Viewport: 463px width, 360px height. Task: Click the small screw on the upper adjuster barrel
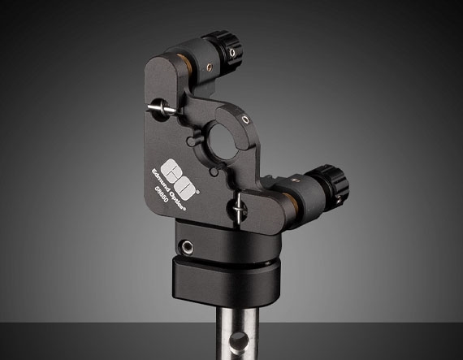pos(210,67)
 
